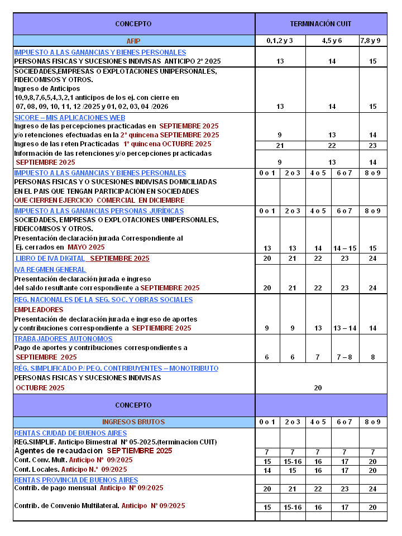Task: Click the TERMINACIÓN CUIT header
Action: (x=320, y=24)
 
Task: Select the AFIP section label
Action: (x=133, y=41)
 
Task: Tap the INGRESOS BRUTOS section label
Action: (x=133, y=422)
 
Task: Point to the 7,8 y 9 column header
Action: (x=373, y=41)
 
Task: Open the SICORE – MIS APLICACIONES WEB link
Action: (x=70, y=118)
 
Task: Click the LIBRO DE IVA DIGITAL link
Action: (x=50, y=259)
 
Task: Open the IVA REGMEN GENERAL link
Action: (x=50, y=270)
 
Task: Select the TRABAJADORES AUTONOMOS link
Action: (x=63, y=339)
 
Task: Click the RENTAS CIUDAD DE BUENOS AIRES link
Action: (x=70, y=433)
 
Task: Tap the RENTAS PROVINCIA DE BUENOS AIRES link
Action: (x=76, y=480)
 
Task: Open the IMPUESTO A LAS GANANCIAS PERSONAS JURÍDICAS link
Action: (x=99, y=211)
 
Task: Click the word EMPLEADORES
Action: (x=39, y=309)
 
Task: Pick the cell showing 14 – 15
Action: (x=344, y=248)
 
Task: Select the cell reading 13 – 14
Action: (x=344, y=328)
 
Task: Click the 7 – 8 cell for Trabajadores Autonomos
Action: (x=344, y=357)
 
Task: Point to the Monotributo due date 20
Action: (x=318, y=388)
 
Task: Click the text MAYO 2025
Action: (x=86, y=247)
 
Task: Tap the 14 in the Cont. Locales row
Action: (x=267, y=471)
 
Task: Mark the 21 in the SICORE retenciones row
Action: (x=280, y=145)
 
